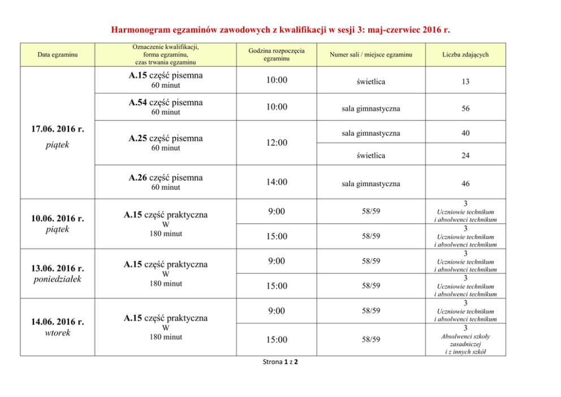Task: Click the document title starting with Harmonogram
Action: [280, 29]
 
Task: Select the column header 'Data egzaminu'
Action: [57, 54]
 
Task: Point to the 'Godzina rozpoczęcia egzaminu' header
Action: [277, 54]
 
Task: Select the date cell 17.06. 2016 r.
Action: [57, 129]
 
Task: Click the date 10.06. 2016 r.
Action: [57, 218]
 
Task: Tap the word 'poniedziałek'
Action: [57, 279]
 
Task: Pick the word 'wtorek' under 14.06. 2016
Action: [57, 333]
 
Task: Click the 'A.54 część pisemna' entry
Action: [166, 103]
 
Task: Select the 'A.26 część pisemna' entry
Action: [166, 178]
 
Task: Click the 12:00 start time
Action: [277, 143]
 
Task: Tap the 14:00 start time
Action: [277, 182]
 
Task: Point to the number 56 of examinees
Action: [465, 109]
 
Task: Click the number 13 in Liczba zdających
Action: [465, 82]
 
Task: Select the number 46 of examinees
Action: [465, 184]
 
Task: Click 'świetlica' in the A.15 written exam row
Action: [371, 82]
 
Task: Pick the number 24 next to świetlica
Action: [465, 155]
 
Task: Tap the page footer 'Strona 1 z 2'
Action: [280, 362]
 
